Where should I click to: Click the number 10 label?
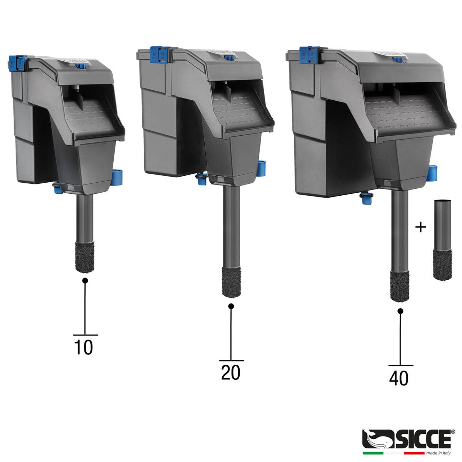(83, 347)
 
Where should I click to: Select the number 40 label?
(399, 378)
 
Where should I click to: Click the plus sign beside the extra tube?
(420, 227)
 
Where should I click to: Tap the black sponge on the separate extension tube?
(443, 265)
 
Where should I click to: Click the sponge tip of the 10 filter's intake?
(85, 257)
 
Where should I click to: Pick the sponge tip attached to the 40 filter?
(400, 287)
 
